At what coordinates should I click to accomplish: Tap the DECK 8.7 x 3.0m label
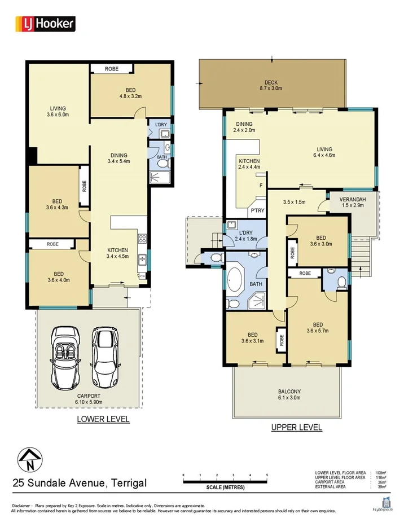268,85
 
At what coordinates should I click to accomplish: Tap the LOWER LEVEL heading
103,419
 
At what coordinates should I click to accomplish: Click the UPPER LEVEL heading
296,427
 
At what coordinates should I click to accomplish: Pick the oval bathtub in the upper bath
234,280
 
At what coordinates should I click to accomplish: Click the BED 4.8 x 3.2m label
130,93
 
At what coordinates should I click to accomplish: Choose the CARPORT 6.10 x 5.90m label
89,399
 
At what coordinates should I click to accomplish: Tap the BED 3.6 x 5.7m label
318,328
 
